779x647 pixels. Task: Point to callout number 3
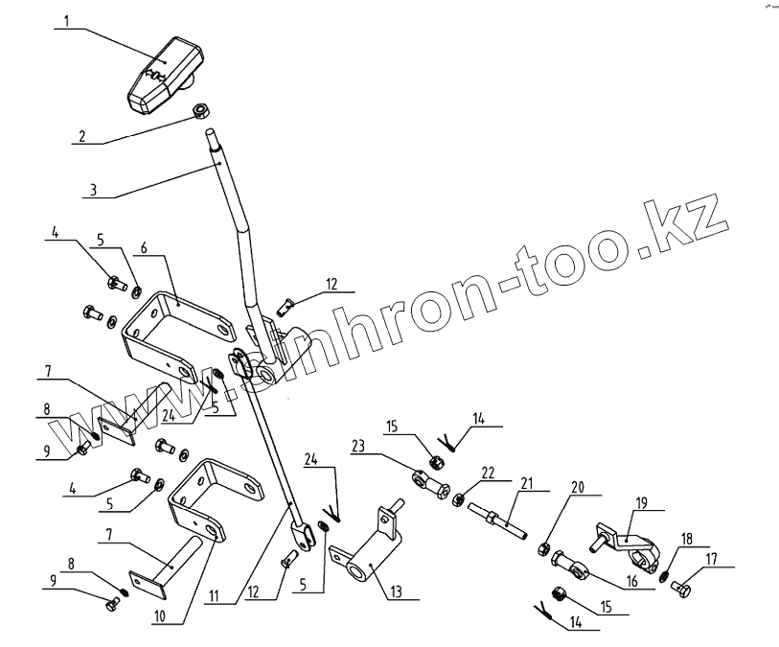click(x=92, y=191)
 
